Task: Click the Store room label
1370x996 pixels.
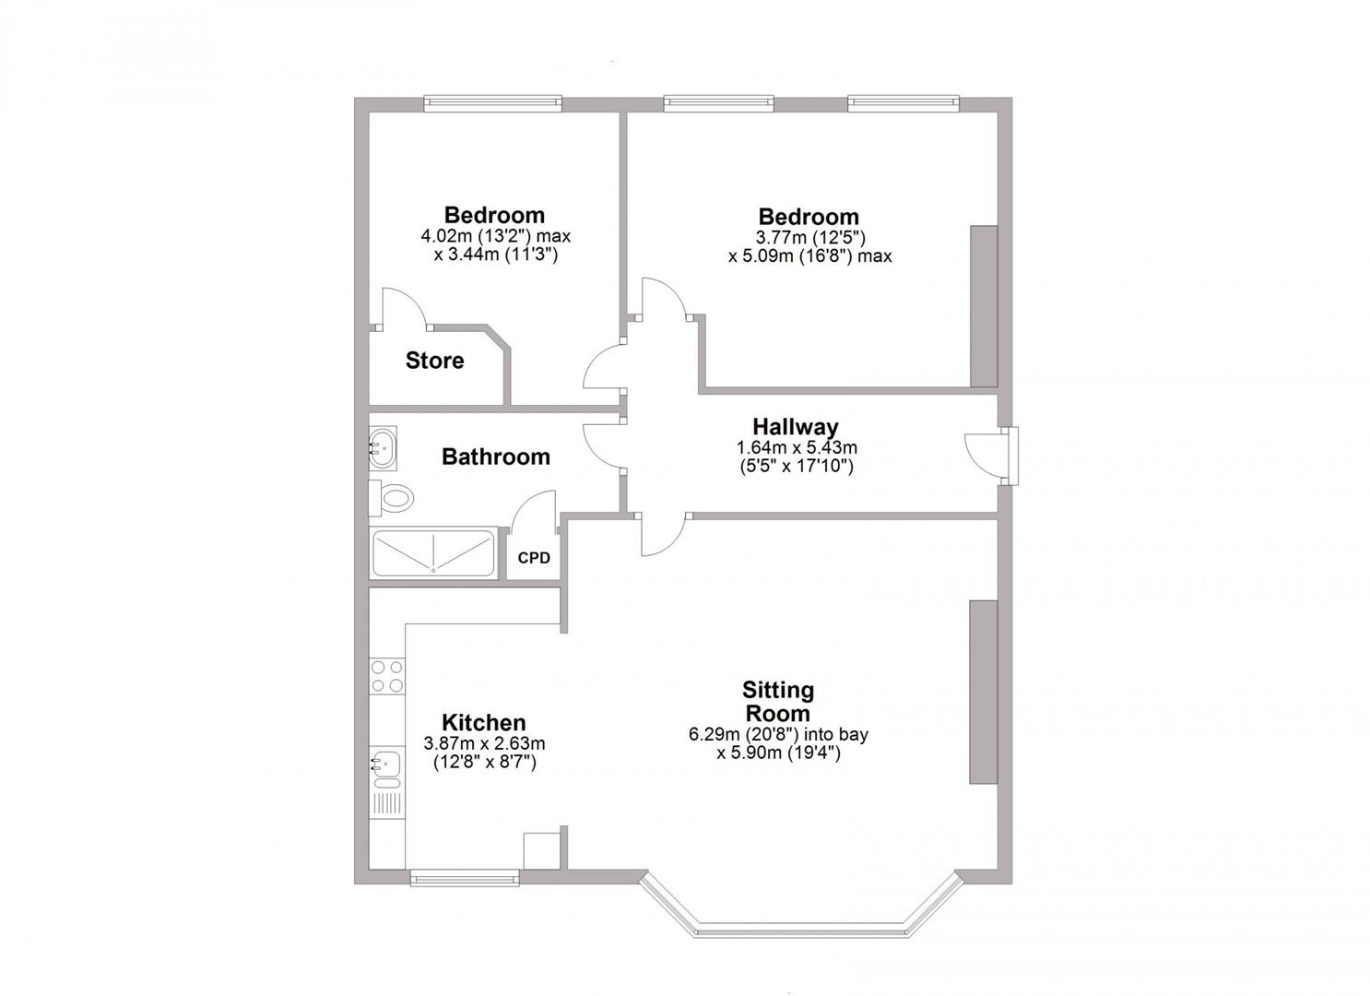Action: (434, 361)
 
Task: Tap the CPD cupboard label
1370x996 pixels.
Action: (534, 558)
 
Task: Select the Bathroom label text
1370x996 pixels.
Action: (495, 456)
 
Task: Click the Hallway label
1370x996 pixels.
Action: (796, 427)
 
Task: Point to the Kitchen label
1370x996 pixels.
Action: (483, 723)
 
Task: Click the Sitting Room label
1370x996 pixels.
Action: (778, 702)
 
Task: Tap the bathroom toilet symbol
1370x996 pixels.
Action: (393, 499)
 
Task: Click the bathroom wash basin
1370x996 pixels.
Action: (383, 448)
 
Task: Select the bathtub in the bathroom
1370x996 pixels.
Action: (433, 553)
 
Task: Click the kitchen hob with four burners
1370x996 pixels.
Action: (386, 675)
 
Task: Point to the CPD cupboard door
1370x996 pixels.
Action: (536, 513)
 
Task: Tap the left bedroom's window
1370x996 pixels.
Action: (492, 103)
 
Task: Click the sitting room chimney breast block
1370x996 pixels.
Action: (983, 692)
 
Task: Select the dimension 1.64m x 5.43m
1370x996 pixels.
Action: (796, 448)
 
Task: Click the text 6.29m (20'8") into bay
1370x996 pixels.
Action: (778, 735)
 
